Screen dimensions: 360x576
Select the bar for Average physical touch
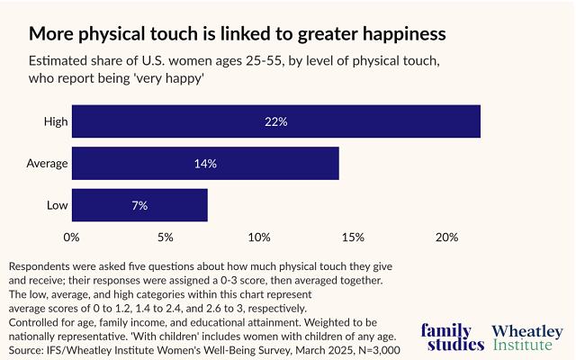click(205, 163)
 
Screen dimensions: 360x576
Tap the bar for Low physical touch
click(139, 205)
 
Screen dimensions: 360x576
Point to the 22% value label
click(275, 121)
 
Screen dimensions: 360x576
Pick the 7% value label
click(139, 205)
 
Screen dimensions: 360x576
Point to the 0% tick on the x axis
click(71, 238)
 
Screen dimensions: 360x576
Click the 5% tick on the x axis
click(166, 238)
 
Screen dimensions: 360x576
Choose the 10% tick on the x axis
click(259, 238)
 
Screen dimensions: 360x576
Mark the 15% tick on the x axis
click(353, 238)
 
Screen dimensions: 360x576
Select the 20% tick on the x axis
click(447, 238)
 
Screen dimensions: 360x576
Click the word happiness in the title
click(395, 35)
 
